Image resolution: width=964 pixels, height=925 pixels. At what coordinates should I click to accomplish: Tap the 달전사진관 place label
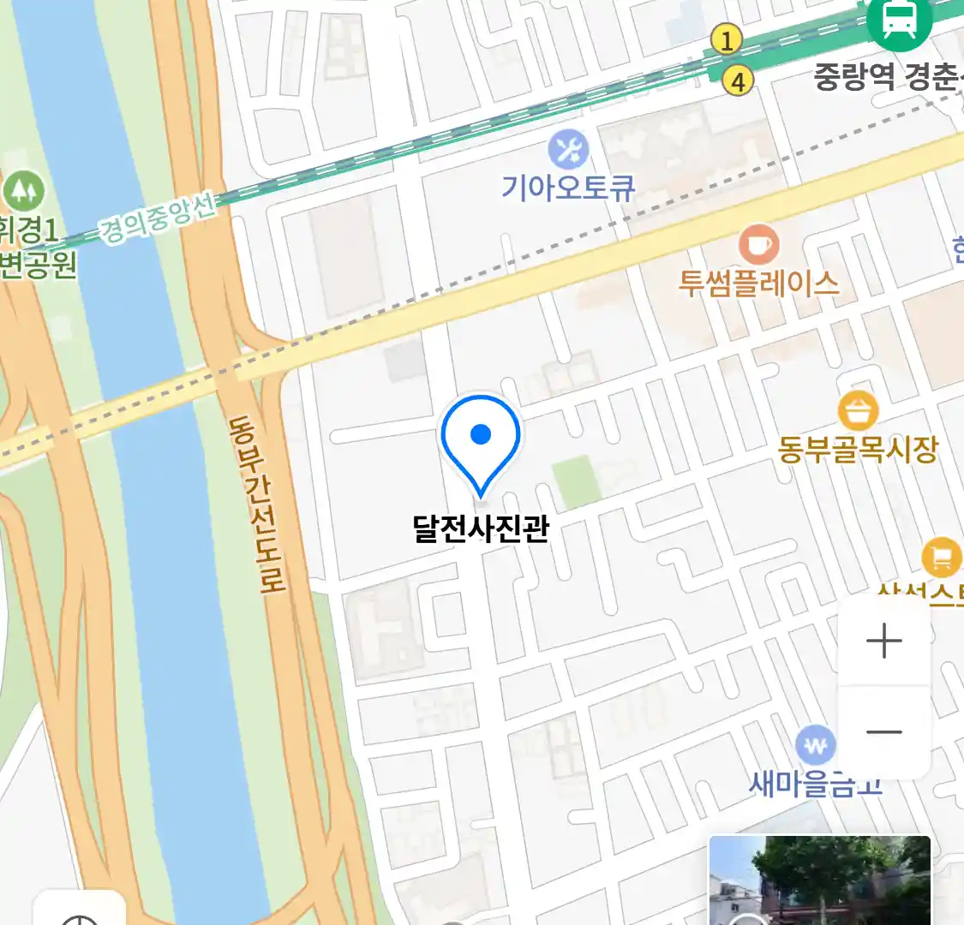click(x=480, y=528)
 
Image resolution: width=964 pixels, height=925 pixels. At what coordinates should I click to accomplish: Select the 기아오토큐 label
click(x=568, y=188)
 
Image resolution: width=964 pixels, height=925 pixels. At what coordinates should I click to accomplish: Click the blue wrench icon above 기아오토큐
click(x=568, y=151)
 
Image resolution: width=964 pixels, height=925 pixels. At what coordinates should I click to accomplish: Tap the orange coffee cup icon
click(x=758, y=246)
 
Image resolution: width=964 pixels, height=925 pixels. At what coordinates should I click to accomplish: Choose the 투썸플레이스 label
click(x=758, y=283)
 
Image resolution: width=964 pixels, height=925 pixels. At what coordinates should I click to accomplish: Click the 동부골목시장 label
click(x=858, y=449)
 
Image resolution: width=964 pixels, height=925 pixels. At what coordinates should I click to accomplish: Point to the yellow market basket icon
click(x=858, y=411)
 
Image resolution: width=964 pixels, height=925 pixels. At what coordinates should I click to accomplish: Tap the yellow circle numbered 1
click(x=727, y=39)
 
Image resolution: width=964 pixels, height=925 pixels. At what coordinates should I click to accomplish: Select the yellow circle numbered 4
click(x=737, y=81)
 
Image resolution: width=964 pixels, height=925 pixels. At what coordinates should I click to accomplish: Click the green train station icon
click(x=899, y=20)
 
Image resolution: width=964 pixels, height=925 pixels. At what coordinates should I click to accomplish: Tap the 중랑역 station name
click(x=853, y=77)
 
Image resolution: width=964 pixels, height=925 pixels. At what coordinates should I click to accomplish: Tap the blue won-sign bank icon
click(x=815, y=745)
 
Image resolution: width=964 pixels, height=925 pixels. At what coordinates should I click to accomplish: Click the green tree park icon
click(x=23, y=190)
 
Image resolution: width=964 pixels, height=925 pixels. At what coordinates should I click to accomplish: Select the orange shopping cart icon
click(x=942, y=558)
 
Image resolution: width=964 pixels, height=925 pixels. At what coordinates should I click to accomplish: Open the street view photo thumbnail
click(x=819, y=880)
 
